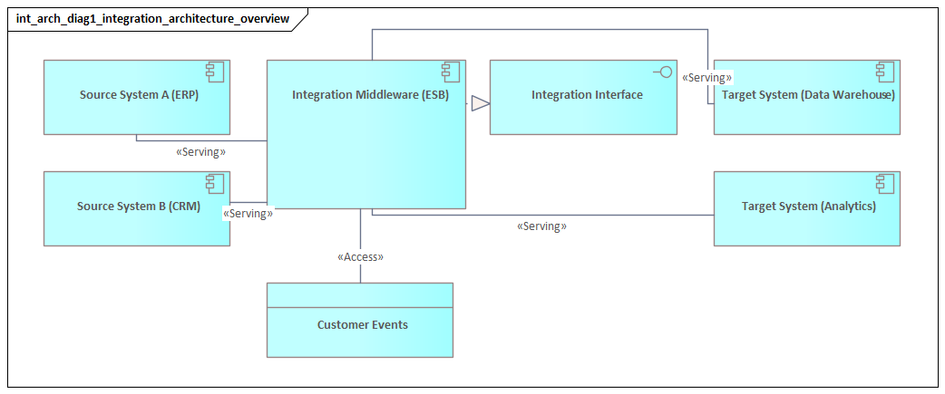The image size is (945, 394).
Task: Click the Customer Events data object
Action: (x=360, y=324)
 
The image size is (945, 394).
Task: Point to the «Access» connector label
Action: (x=360, y=257)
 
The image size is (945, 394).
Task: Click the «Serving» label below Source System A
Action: (x=200, y=152)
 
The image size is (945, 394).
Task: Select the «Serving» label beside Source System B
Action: (x=247, y=214)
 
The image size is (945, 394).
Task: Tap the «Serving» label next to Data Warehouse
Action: (x=706, y=78)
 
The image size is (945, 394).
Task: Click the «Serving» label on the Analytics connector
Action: (x=541, y=226)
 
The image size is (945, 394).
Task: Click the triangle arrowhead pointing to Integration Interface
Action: (x=480, y=103)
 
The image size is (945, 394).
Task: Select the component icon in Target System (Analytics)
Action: (x=886, y=183)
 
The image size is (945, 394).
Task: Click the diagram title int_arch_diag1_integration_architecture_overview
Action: (x=152, y=18)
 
